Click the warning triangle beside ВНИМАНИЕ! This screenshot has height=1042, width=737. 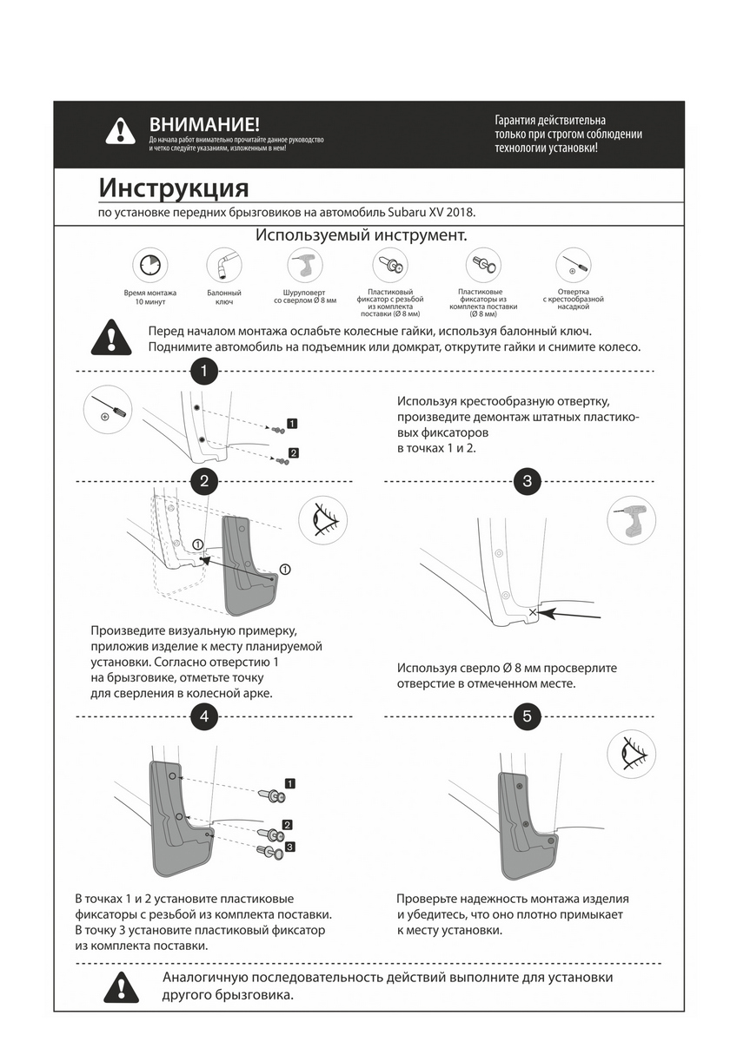(120, 130)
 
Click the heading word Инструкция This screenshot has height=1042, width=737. (173, 188)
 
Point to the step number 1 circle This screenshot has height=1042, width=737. (203, 372)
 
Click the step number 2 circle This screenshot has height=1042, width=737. (203, 481)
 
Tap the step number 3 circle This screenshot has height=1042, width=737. (528, 481)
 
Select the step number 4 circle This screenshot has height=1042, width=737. (203, 716)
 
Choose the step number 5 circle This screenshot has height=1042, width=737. (528, 716)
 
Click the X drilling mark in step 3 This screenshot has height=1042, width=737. (532, 612)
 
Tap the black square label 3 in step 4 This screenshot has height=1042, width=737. (290, 847)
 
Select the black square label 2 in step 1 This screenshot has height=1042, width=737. (293, 452)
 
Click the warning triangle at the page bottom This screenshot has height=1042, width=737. (120, 986)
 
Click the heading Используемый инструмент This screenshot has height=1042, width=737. (361, 236)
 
